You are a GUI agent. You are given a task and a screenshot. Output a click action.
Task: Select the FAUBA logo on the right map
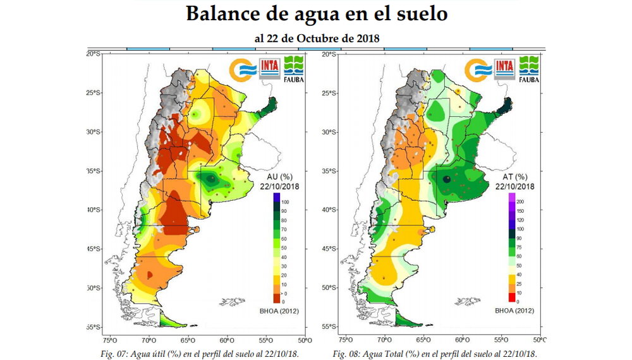coord(528,69)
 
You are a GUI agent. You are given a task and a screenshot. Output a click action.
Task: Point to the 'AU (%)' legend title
coord(279,177)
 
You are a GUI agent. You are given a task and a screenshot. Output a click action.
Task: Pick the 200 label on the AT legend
coord(521,201)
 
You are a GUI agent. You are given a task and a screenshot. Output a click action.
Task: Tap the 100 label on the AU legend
coord(286,201)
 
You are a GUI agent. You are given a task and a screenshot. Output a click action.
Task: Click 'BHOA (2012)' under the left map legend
coord(279,311)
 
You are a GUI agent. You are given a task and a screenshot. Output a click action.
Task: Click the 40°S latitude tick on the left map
coord(94,210)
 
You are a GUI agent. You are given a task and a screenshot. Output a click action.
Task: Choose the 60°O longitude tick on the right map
coord(463,340)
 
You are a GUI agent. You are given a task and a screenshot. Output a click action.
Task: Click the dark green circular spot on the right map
coord(447,179)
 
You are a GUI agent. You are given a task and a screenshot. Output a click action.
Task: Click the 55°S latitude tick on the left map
coord(94,327)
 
